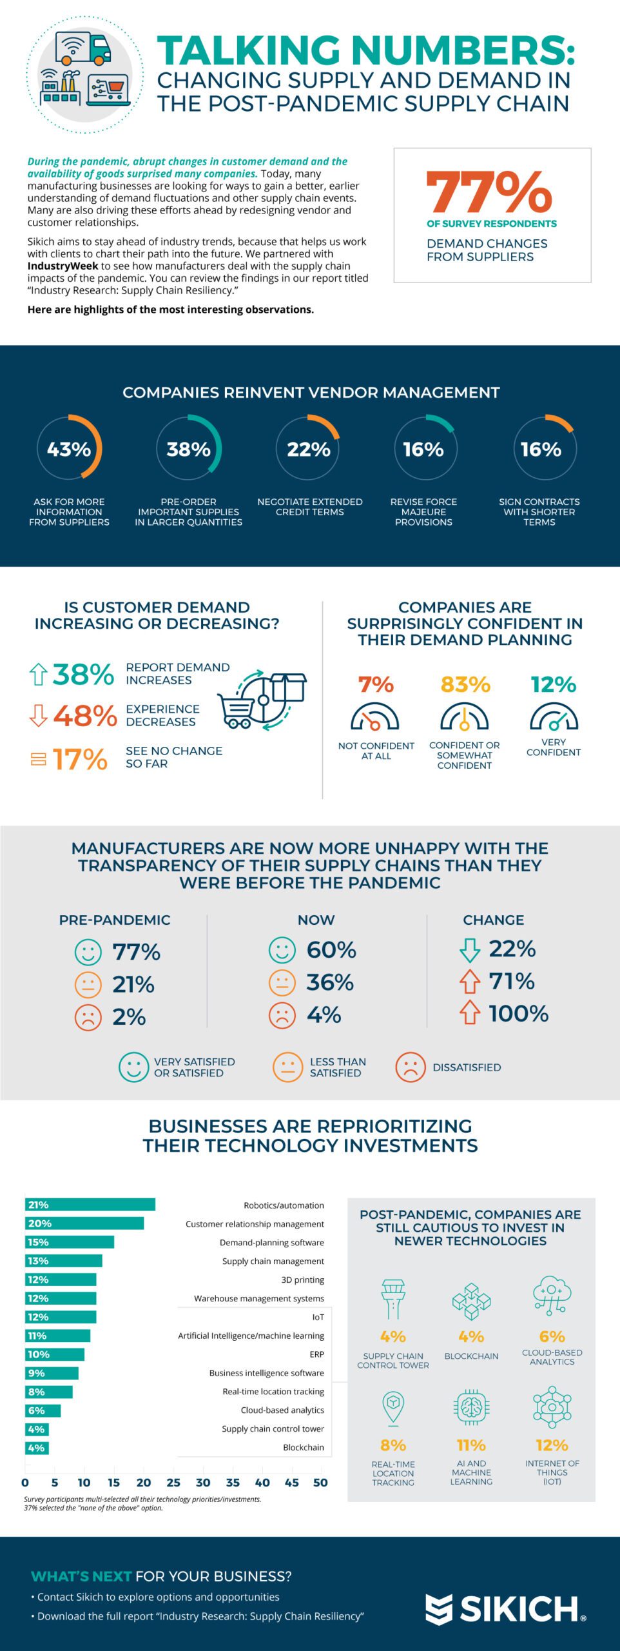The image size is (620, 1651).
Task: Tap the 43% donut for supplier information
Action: (x=69, y=448)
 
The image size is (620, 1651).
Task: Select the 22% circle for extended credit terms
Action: (x=308, y=448)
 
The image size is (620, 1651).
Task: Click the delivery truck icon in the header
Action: (x=83, y=48)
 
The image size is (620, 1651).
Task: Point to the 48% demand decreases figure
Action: (x=84, y=716)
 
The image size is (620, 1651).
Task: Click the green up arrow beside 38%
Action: (x=38, y=675)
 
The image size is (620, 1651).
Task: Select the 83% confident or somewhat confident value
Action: (x=465, y=684)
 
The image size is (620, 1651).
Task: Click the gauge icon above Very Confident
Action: (x=553, y=716)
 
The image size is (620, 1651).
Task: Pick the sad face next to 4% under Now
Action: (x=282, y=1015)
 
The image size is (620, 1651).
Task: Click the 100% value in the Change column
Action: (x=518, y=1013)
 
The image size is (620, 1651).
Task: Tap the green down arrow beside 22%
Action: (x=470, y=949)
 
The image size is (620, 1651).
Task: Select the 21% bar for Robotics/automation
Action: (x=90, y=1205)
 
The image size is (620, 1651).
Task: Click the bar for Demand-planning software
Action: (x=70, y=1242)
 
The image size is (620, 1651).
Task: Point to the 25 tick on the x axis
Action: (x=173, y=1483)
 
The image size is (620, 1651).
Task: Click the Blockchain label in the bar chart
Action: (x=303, y=1447)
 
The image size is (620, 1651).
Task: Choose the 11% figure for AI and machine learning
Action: (x=471, y=1445)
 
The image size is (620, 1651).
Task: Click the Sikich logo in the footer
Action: (x=505, y=1609)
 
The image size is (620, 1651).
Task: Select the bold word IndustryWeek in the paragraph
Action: (x=63, y=266)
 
